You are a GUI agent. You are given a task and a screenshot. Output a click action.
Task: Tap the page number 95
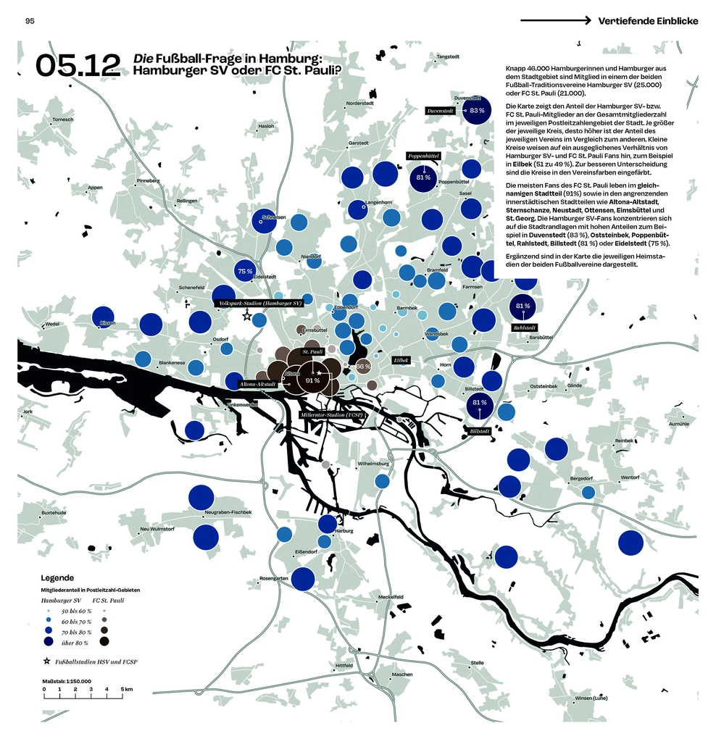[30, 21]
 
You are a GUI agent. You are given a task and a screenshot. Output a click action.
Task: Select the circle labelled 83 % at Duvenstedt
[476, 111]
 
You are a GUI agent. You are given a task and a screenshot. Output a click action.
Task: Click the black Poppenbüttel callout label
[424, 156]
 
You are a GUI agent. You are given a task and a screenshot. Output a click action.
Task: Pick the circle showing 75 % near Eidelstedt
[245, 271]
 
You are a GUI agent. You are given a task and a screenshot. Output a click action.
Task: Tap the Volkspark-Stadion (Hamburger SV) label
[260, 304]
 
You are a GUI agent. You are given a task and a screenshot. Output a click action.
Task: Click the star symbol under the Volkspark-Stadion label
[246, 316]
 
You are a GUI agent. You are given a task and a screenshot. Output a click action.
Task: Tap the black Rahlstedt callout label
[523, 327]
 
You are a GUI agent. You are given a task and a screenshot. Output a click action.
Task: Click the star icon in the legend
[46, 661]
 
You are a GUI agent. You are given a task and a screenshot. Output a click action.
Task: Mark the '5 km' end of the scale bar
[126, 688]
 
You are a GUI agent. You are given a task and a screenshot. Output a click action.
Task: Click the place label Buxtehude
[54, 512]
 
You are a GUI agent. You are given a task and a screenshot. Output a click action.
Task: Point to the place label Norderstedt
[359, 104]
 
